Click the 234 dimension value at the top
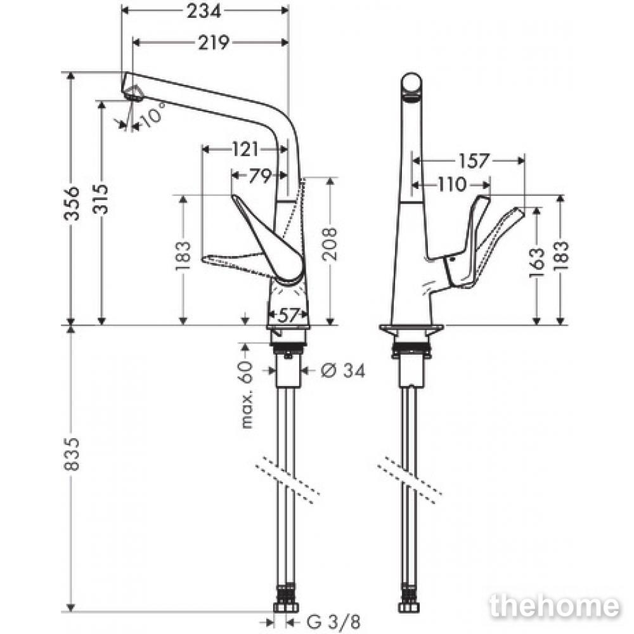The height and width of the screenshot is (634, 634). coord(204,11)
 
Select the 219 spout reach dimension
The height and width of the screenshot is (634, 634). coord(214,42)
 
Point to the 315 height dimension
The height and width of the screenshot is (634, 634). coord(100,199)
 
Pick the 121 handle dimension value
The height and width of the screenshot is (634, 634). coord(245,150)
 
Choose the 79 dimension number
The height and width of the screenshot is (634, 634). coord(260,176)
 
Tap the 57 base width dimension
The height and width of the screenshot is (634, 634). coord(288,315)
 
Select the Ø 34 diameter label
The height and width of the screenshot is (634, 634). coord(343,370)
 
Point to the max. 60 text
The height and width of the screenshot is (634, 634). coord(246,394)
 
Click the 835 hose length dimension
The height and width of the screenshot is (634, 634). coord(72,454)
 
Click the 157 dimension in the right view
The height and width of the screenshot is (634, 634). coord(474,161)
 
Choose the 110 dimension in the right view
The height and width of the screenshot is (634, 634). coord(451,184)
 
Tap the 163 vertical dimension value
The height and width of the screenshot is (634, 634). coord(537,263)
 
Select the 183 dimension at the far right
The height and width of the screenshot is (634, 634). coord(561,256)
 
